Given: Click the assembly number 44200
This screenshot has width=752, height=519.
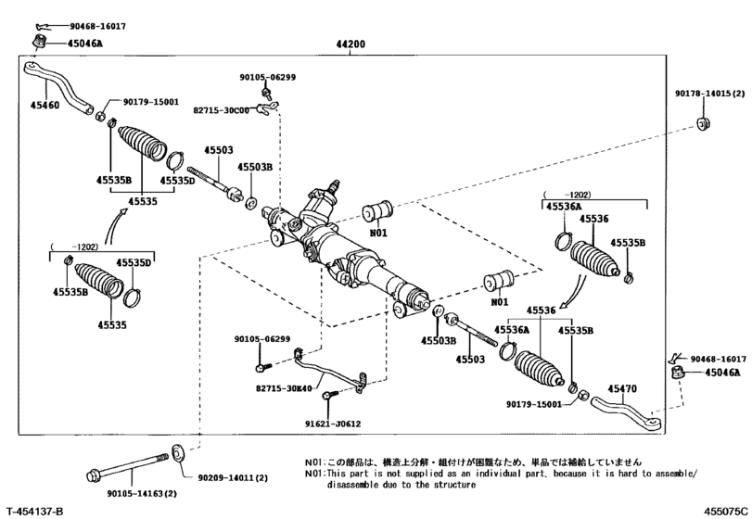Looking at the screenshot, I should [351, 44].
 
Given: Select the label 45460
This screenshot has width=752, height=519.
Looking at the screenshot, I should [45, 106].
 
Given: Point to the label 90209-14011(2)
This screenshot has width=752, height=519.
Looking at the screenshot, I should [233, 477].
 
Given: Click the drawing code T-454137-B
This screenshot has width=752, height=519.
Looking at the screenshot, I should [34, 511].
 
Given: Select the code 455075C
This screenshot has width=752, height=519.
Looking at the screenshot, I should [723, 511].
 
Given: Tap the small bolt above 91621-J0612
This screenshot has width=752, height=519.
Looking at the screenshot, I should [326, 399].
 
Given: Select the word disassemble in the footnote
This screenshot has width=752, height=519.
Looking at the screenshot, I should [358, 484].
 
